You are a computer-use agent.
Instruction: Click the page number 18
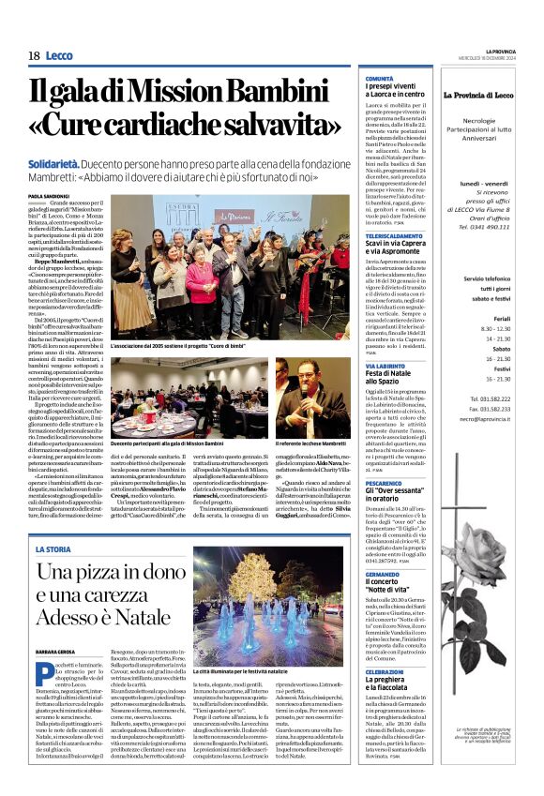click(33, 56)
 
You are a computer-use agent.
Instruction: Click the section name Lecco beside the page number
click(58, 56)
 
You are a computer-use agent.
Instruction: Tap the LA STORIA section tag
click(53, 548)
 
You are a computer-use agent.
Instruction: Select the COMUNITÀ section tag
click(380, 79)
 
